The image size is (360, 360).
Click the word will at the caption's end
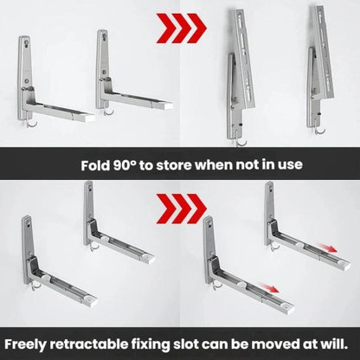click(x=334, y=344)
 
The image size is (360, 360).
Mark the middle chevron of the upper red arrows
click(x=181, y=29)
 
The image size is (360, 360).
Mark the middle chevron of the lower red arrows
click(x=181, y=209)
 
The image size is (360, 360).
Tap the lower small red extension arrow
click(x=269, y=287)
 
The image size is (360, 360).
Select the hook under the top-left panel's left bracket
click(x=33, y=124)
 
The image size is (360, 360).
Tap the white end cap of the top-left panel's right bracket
click(x=165, y=106)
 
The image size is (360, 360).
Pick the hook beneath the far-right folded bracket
click(x=319, y=131)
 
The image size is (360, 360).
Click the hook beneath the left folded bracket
click(x=241, y=142)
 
